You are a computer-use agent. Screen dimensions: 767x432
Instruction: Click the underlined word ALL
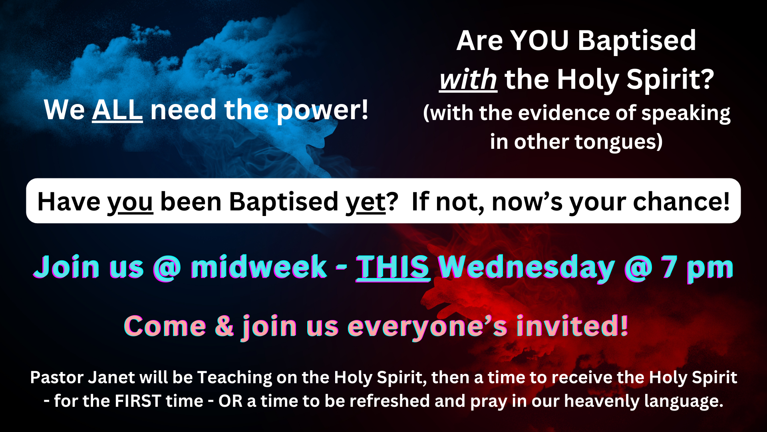117,110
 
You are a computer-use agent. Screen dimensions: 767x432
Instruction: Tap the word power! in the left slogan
322,111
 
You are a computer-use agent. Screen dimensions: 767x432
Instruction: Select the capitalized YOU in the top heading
540,41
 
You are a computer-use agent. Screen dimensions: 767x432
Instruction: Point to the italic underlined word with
468,80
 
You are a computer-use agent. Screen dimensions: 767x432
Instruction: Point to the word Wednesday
527,268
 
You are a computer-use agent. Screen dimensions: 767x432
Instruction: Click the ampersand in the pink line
224,326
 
